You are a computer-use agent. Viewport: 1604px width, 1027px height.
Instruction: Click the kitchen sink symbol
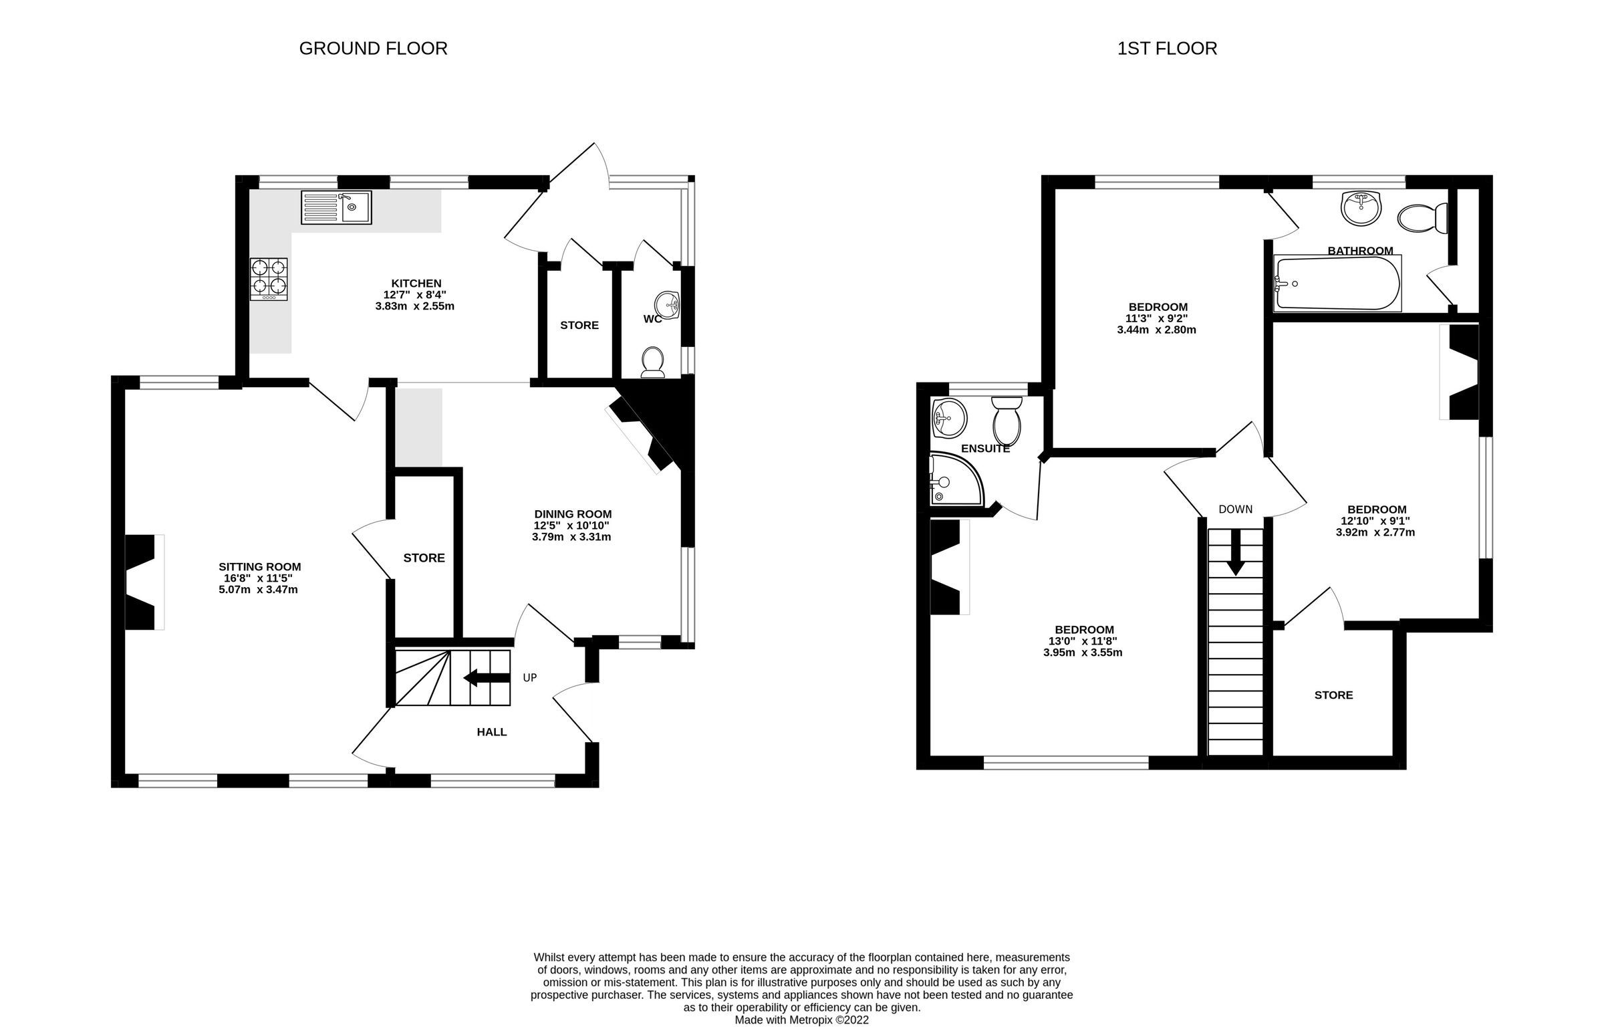click(x=336, y=207)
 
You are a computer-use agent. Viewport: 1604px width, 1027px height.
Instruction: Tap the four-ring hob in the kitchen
click(x=269, y=279)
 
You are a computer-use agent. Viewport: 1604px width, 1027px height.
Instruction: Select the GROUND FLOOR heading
click(x=373, y=49)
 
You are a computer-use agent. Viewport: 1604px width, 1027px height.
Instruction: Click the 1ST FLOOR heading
click(x=1167, y=49)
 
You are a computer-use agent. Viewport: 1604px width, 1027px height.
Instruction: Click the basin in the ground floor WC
click(x=667, y=306)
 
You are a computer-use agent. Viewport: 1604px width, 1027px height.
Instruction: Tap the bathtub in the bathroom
click(x=1337, y=283)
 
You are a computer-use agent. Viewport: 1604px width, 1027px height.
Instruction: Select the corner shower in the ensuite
click(x=954, y=479)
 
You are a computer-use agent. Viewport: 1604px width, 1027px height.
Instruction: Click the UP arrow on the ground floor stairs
click(x=487, y=678)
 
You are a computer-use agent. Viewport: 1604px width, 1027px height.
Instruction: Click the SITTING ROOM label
click(x=259, y=567)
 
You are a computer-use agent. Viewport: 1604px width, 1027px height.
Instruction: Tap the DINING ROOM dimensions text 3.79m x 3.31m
click(x=571, y=537)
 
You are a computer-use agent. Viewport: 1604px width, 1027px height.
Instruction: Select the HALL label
click(x=491, y=732)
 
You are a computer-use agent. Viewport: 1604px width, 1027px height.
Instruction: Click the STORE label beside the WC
click(x=579, y=326)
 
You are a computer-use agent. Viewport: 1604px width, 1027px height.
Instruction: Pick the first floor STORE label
click(x=1333, y=695)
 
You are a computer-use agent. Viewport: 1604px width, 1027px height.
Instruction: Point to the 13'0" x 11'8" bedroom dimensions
click(x=1084, y=641)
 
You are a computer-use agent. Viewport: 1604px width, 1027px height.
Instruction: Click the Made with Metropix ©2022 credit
click(x=801, y=1020)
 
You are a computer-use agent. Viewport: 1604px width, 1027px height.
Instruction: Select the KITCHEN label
click(x=416, y=283)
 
